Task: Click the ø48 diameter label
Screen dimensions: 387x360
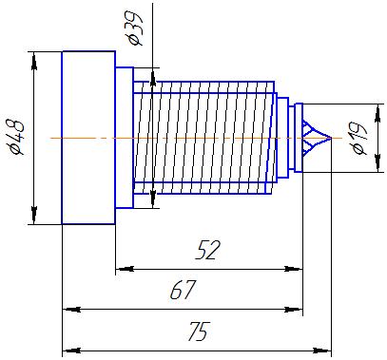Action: pos(16,138)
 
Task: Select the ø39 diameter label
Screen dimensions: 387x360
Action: pos(134,28)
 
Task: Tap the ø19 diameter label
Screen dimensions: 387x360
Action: pos(358,138)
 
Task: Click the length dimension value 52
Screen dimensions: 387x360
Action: pos(207,250)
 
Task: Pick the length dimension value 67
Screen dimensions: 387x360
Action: pos(184,290)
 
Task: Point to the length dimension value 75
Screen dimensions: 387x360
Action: pos(199,332)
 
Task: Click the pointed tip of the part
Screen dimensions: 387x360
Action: pos(331,138)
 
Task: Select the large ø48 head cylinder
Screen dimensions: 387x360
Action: pos(88,138)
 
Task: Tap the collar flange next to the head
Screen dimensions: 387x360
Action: pos(125,138)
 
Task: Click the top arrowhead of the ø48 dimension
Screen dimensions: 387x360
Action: pos(34,61)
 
